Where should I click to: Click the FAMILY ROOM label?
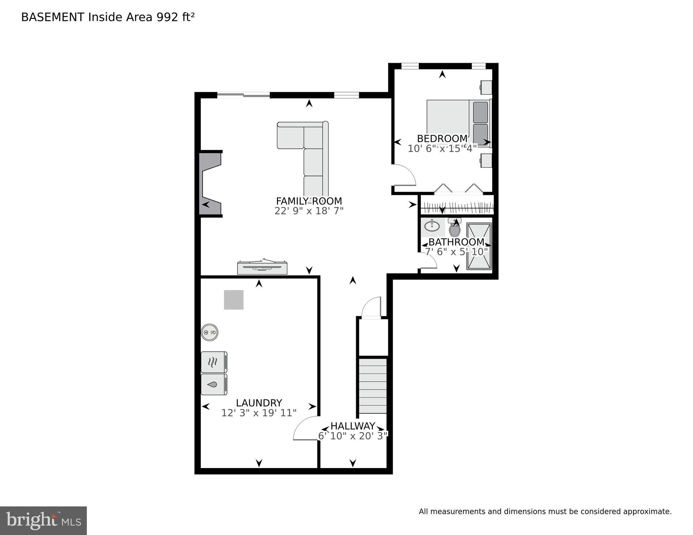[x=309, y=201]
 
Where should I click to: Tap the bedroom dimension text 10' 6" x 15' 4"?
[x=442, y=148]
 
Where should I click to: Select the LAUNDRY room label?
[x=259, y=403]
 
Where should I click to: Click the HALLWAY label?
[x=353, y=426]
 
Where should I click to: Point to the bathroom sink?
[x=432, y=226]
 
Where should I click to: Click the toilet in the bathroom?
[x=454, y=228]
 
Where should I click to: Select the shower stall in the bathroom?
[x=479, y=246]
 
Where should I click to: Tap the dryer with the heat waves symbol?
[x=214, y=362]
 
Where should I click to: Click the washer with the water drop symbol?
[x=214, y=384]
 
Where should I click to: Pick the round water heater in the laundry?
[x=210, y=333]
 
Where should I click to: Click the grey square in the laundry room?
[x=234, y=300]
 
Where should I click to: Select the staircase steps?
[x=373, y=386]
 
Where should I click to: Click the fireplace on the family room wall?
[x=210, y=184]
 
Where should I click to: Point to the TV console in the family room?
[x=262, y=267]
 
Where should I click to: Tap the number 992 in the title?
[x=167, y=17]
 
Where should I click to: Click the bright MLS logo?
[x=43, y=520]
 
